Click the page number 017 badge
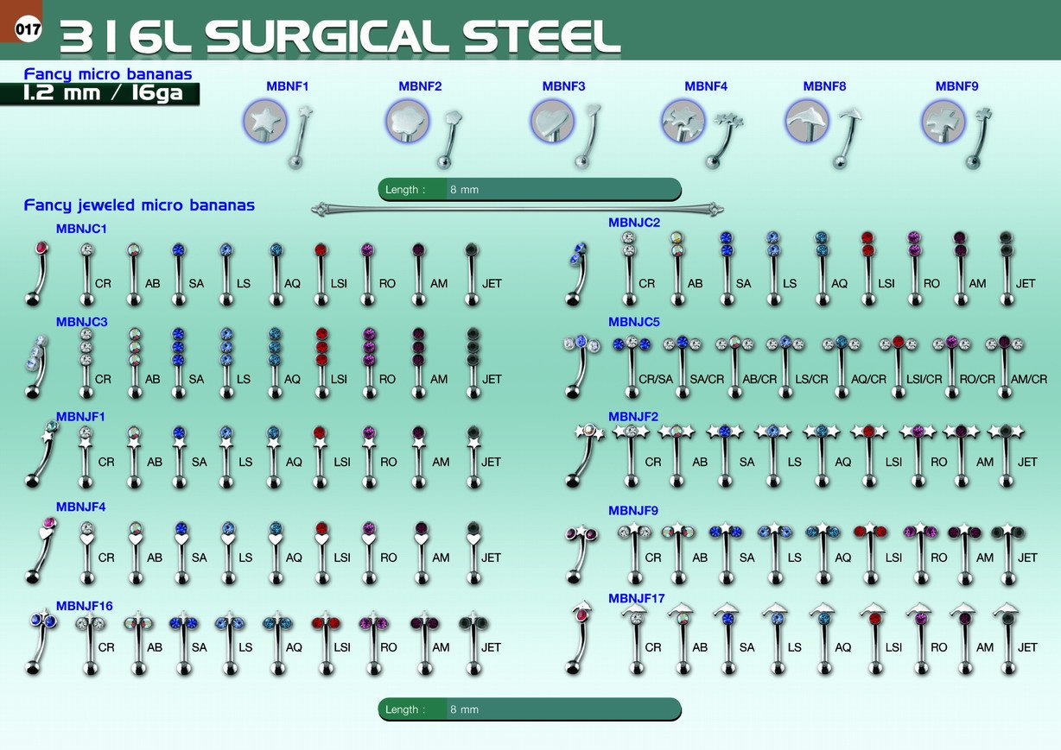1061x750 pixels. coord(28,29)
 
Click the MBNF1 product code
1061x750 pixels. coord(287,86)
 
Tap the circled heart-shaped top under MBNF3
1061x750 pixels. coord(552,122)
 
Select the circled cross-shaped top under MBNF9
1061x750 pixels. coord(943,122)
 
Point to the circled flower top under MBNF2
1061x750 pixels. coord(407,122)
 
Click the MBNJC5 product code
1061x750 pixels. coord(634,322)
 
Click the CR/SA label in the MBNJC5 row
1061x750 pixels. coord(656,380)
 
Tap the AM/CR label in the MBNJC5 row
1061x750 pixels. coord(1029,380)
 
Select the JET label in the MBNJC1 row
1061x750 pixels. coord(492,283)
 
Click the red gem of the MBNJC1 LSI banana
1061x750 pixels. coord(321,249)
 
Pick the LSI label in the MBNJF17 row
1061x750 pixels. coord(893,647)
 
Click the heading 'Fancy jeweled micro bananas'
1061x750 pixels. coord(139,205)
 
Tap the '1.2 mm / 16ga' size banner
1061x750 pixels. coord(100,94)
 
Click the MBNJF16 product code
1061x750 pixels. coord(85,606)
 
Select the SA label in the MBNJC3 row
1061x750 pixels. coord(196,380)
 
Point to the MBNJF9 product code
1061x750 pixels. coord(633,511)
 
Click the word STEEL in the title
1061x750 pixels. coord(542,37)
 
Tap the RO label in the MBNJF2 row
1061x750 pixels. coord(939,462)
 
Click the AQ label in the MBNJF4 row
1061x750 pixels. coord(294,558)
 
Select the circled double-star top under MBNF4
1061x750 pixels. coord(683,122)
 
